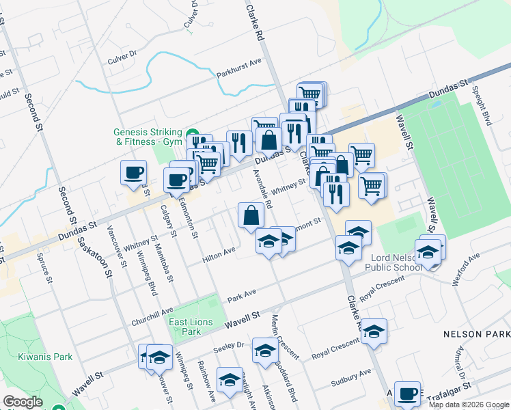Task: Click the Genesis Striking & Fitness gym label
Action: [x=148, y=137]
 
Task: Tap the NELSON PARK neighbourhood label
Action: [x=476, y=334]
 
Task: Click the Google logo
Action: [x=23, y=402]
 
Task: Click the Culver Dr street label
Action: [x=122, y=56]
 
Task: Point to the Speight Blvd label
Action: [x=483, y=109]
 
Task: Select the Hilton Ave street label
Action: [x=219, y=256]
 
